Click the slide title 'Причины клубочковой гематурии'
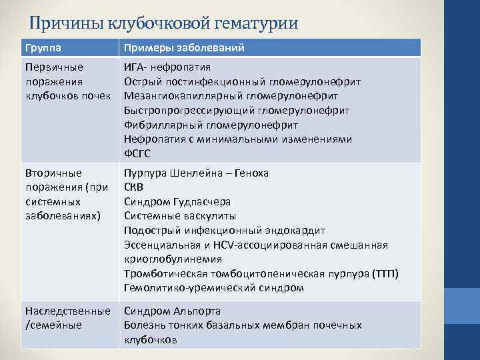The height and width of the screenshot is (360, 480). [164, 23]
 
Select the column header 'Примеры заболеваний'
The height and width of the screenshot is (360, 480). [184, 48]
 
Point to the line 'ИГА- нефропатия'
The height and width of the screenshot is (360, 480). [167, 67]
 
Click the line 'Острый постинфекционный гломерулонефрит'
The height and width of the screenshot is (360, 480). [243, 81]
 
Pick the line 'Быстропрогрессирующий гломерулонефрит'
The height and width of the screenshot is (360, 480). [237, 110]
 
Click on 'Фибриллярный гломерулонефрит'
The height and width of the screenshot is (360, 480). [211, 125]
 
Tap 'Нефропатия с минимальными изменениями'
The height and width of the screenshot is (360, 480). [238, 139]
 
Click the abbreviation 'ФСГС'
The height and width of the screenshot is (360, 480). [138, 153]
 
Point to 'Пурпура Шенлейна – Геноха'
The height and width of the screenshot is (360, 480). [197, 173]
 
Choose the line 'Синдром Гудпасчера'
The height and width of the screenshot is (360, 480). [178, 201]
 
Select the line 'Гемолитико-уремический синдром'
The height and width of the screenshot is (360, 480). [214, 288]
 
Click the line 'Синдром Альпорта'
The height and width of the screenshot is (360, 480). [173, 311]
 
